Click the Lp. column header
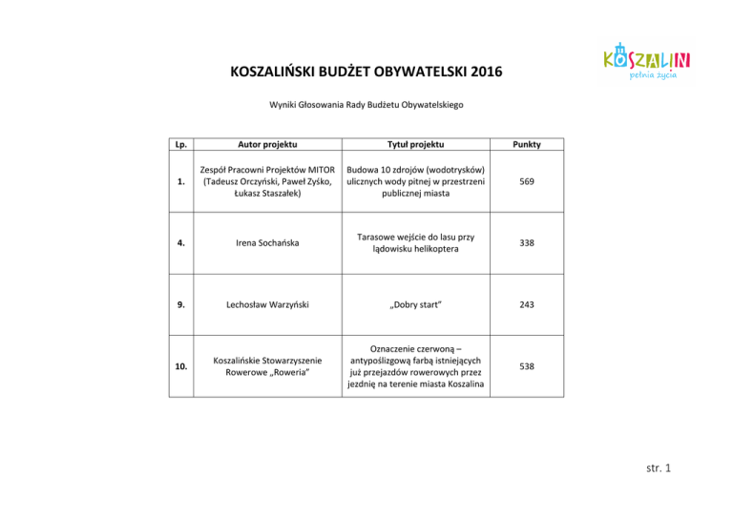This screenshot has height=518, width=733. coord(179,144)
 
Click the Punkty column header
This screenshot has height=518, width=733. coord(526,144)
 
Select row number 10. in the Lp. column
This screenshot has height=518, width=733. coord(179,365)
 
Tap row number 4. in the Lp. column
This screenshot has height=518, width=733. coord(179,243)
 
